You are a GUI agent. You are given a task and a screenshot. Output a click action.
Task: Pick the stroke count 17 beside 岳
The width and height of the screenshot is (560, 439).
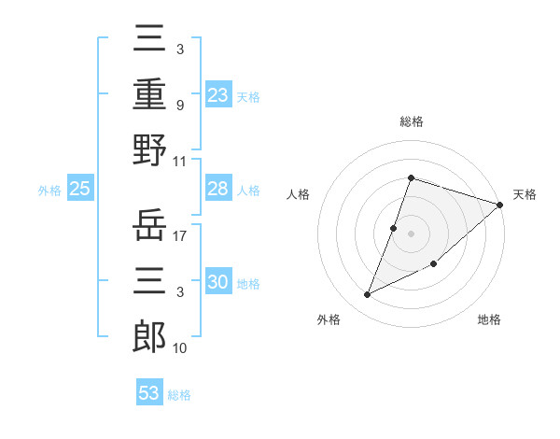pos(181,236)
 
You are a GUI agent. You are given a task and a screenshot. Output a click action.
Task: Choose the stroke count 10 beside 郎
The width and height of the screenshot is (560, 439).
pos(181,347)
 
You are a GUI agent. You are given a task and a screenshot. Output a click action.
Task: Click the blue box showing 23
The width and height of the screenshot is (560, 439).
pos(217,93)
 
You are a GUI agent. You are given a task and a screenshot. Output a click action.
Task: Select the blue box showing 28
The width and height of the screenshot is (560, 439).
pos(217,189)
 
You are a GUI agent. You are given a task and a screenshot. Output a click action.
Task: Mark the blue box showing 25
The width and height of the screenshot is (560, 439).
pos(79,189)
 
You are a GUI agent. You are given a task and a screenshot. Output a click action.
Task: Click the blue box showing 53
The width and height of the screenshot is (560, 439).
pos(149,393)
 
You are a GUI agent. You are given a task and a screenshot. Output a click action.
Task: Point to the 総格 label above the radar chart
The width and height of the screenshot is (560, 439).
pos(411,121)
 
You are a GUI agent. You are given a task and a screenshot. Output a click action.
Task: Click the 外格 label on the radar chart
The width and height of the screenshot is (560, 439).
pos(329,319)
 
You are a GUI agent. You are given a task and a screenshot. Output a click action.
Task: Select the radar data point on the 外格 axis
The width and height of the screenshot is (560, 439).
pos(368,295)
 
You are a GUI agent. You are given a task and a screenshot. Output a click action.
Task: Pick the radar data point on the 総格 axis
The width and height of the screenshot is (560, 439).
pos(411,178)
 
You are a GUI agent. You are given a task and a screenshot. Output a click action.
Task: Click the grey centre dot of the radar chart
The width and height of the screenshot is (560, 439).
pos(411,234)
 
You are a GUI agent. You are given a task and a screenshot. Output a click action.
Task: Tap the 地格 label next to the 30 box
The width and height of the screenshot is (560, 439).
pos(248,283)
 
